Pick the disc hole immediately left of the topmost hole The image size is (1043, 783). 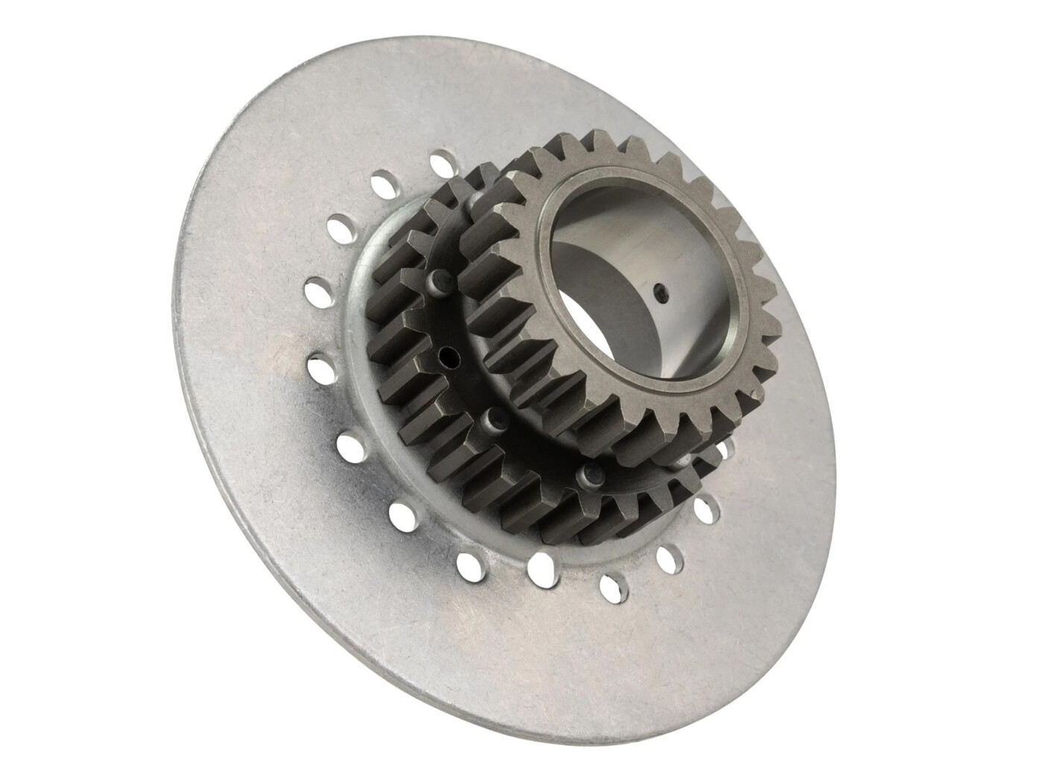(385, 183)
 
